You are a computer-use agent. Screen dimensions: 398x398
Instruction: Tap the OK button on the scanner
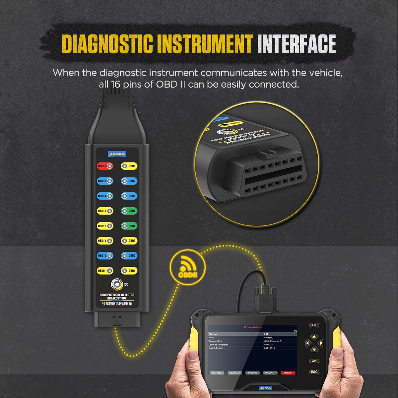(314, 361)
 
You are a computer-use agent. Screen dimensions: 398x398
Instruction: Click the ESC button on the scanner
(314, 372)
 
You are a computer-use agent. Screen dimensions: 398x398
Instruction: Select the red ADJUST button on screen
(288, 373)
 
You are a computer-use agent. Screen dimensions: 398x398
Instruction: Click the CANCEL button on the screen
(217, 373)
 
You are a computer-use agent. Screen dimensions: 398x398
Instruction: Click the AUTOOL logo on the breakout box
(117, 154)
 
